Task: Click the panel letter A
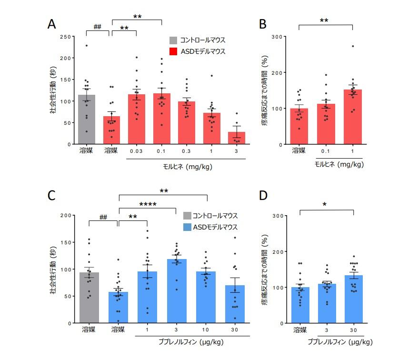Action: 53,24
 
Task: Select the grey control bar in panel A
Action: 87,120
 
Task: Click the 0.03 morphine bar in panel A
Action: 137,119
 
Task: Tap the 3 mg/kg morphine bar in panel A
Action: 236,138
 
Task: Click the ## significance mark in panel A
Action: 98,27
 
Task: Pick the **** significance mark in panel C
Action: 148,205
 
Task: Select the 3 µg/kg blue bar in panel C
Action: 177,291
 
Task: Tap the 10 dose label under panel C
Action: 206,330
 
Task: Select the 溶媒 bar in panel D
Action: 299,305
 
